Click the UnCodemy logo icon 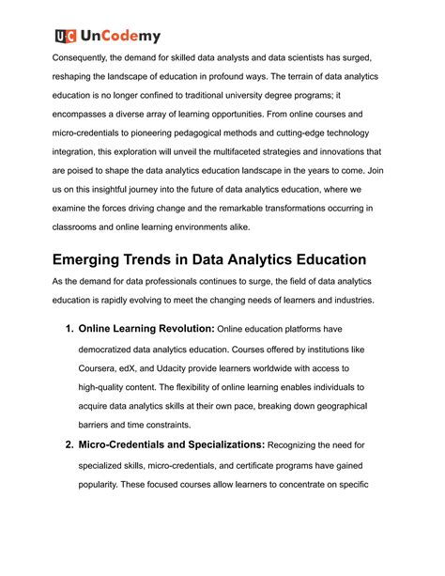tap(64, 36)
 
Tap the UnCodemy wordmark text tap(121, 36)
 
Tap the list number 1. tap(69, 354)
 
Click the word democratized tap(117, 375)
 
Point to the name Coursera tap(106, 396)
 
